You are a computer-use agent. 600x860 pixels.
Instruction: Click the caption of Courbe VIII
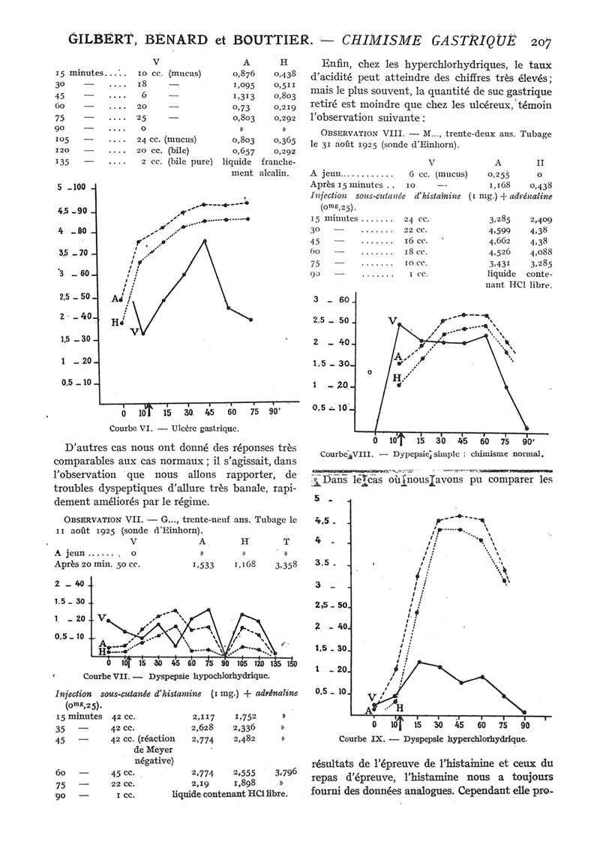point(431,454)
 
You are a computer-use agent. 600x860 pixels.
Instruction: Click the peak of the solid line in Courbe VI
point(205,241)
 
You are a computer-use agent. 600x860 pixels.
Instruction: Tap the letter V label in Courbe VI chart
point(134,332)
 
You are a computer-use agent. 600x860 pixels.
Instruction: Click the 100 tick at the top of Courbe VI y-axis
point(79,188)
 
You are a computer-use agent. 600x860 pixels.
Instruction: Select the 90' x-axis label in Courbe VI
point(274,412)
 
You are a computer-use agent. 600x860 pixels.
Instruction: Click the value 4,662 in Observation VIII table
point(497,242)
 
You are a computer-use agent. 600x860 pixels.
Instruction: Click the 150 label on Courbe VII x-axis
point(291,663)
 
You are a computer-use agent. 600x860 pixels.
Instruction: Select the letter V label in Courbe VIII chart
point(392,320)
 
